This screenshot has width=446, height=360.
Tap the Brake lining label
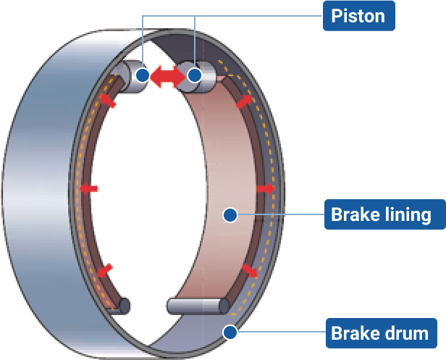pos(381,214)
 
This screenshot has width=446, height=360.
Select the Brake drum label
pos(379,333)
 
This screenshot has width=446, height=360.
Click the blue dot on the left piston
pos(143,75)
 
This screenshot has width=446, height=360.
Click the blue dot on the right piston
pos(194,75)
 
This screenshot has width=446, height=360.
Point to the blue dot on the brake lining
pos(230,214)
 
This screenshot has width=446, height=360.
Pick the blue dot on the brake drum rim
pos(230,332)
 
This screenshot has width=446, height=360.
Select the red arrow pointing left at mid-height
pos(88,189)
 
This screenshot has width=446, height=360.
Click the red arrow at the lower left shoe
pos(104,270)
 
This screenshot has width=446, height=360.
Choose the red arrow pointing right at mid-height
pos(266,188)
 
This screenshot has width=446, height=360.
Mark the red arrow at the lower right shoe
pos(250,271)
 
